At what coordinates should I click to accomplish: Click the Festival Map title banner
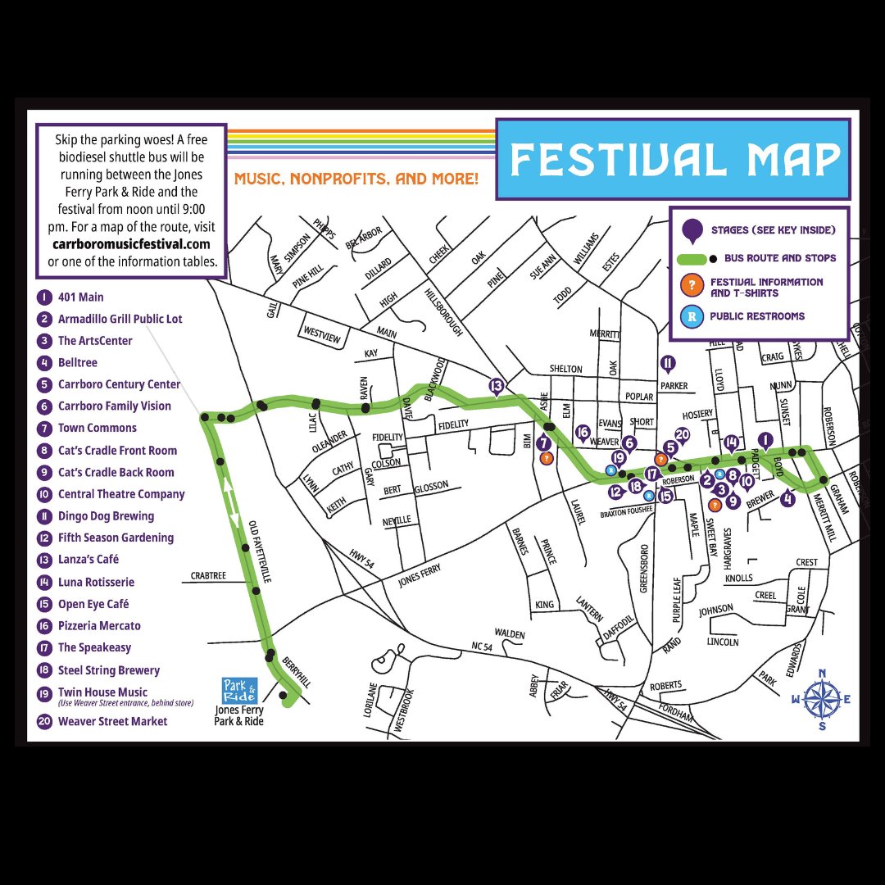673,159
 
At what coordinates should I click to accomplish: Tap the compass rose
822,700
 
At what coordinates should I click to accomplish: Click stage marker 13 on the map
496,386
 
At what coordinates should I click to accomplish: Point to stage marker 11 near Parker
668,364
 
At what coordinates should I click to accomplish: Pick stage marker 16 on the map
583,433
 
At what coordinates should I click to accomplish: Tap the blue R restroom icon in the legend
693,316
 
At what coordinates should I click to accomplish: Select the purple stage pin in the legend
693,231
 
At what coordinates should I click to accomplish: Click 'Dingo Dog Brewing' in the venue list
106,516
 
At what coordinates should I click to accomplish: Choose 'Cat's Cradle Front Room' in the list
117,450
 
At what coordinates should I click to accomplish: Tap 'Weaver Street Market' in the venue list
112,721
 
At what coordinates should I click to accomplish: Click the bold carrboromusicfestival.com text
131,244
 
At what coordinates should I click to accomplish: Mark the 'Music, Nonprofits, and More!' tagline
356,178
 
